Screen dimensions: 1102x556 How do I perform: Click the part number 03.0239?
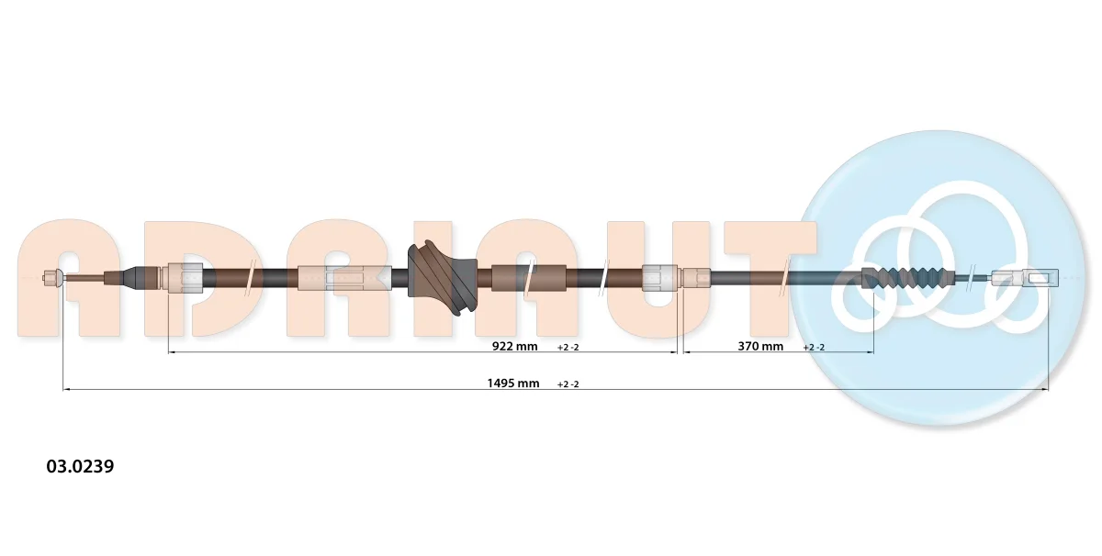pyautogui.click(x=80, y=466)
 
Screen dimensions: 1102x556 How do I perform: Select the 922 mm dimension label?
pyautogui.click(x=514, y=346)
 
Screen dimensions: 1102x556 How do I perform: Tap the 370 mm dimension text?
pyautogui.click(x=760, y=346)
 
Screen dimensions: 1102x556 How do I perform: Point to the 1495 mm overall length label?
pyautogui.click(x=513, y=383)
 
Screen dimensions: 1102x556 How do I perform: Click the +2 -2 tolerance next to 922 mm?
pyautogui.click(x=568, y=347)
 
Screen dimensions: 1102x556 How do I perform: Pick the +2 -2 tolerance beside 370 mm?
pyautogui.click(x=814, y=347)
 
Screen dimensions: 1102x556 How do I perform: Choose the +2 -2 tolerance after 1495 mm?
pyautogui.click(x=568, y=384)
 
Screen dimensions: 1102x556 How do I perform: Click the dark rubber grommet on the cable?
pyautogui.click(x=443, y=278)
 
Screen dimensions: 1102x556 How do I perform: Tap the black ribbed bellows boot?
pyautogui.click(x=907, y=278)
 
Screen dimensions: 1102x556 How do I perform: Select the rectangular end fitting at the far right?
pyautogui.click(x=1025, y=278)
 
